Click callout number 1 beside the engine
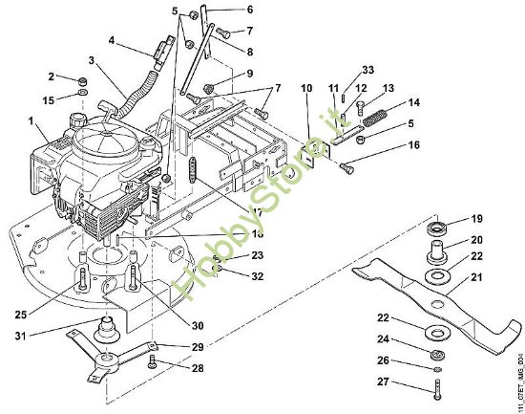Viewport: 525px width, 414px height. point(31,122)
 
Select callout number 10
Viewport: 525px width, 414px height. point(306,89)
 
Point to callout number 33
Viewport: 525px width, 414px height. point(368,69)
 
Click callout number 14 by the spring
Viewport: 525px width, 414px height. point(414,102)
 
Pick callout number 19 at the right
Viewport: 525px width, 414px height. point(477,218)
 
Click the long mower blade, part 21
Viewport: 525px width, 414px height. point(430,287)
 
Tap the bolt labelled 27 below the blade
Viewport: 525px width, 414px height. point(437,386)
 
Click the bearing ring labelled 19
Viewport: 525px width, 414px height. point(440,229)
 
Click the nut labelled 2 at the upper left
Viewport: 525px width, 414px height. point(84,80)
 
